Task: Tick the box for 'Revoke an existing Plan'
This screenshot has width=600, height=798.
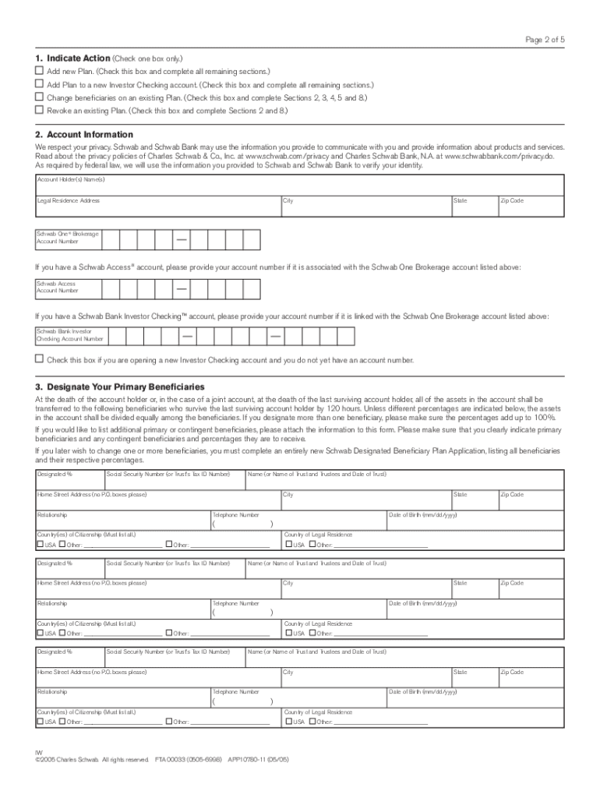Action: click(39, 111)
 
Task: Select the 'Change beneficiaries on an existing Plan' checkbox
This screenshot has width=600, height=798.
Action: click(39, 97)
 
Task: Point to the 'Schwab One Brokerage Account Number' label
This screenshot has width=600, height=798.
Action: click(67, 238)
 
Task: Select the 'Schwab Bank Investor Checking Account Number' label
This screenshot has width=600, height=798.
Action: click(71, 336)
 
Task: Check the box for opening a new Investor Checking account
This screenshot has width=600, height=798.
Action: click(39, 359)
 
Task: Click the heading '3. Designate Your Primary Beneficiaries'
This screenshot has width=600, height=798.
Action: click(119, 387)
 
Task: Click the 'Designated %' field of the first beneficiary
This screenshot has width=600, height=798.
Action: click(69, 479)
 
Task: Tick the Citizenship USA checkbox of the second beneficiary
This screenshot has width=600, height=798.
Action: click(40, 634)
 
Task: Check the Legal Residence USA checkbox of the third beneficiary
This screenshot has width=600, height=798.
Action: click(288, 722)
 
